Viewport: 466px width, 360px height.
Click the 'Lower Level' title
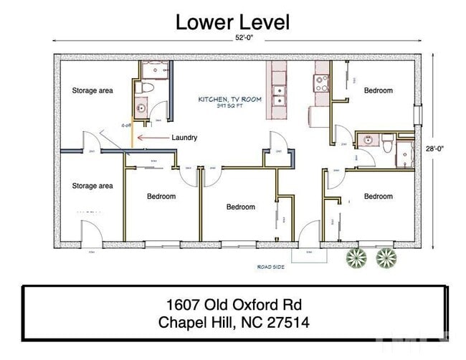232,22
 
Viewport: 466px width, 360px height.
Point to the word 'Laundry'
184,138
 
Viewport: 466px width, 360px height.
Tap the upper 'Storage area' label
92,91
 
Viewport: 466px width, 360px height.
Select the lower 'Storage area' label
92,186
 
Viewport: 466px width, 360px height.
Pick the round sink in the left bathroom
141,109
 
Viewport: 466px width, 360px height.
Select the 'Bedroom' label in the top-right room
378,90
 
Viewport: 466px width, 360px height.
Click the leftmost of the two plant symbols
356,257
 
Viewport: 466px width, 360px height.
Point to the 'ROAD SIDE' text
270,267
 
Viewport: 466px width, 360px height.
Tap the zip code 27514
286,322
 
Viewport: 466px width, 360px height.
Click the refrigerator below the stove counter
318,116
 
